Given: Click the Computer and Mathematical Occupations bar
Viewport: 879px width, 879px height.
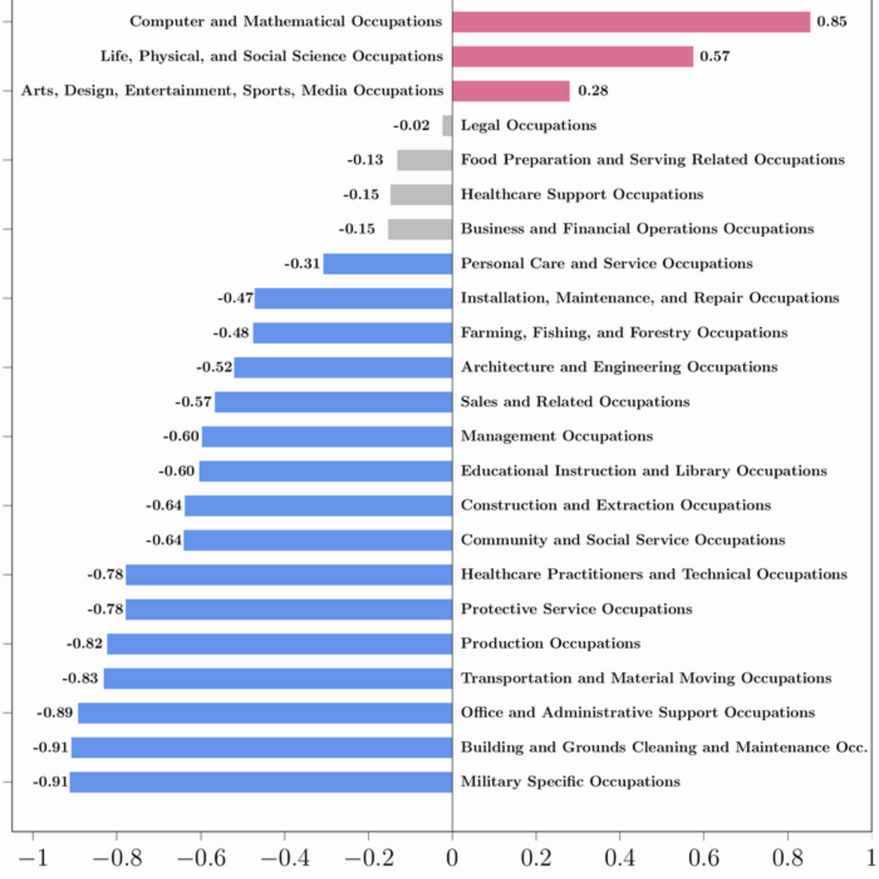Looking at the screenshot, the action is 631,22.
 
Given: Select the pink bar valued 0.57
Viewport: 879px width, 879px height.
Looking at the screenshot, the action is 573,56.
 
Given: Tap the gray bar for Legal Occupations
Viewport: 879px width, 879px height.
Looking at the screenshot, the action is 448,125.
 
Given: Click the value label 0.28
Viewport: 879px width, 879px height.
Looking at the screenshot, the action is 593,91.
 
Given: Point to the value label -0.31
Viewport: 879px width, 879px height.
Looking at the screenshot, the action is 302,264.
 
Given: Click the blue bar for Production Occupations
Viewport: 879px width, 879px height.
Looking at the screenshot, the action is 280,644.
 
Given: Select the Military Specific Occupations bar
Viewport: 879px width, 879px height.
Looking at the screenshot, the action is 261,782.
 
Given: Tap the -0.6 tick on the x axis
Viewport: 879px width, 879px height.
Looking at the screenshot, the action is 201,836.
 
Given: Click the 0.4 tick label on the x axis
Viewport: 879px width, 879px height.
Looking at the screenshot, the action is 620,858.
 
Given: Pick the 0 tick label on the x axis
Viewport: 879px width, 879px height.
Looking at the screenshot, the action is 452,858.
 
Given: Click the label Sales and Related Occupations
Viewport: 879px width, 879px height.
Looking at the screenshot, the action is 575,401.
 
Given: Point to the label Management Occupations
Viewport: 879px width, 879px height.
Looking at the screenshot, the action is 557,436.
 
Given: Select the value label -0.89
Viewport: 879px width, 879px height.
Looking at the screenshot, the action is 55,713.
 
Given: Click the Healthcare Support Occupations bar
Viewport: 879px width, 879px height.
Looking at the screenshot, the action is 421,195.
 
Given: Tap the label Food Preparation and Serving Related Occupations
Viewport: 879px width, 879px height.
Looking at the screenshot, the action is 653,160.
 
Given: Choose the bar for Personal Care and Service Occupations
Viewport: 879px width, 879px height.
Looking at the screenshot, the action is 387,264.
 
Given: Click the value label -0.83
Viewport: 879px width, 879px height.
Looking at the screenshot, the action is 80,678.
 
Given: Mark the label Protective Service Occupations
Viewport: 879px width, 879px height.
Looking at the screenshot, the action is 576,609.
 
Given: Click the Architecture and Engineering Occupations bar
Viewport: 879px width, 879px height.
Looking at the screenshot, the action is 343,367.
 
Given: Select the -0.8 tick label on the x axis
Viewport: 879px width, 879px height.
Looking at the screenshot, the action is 117,858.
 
